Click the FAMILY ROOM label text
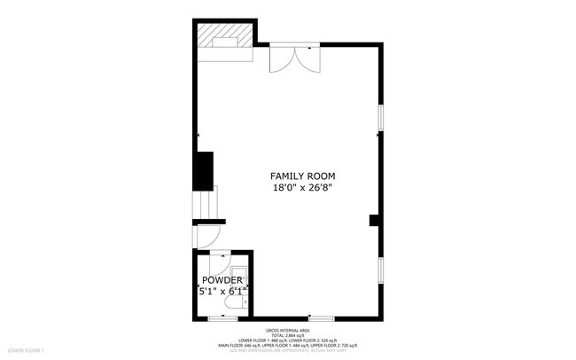[x=303, y=176]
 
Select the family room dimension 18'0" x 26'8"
[x=303, y=188]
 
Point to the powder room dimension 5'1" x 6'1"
[x=222, y=291]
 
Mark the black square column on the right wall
[x=374, y=220]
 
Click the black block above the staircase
[x=204, y=170]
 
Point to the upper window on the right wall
[x=381, y=118]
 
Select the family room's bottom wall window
[x=321, y=317]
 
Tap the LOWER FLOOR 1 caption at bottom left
[x=25, y=352]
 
